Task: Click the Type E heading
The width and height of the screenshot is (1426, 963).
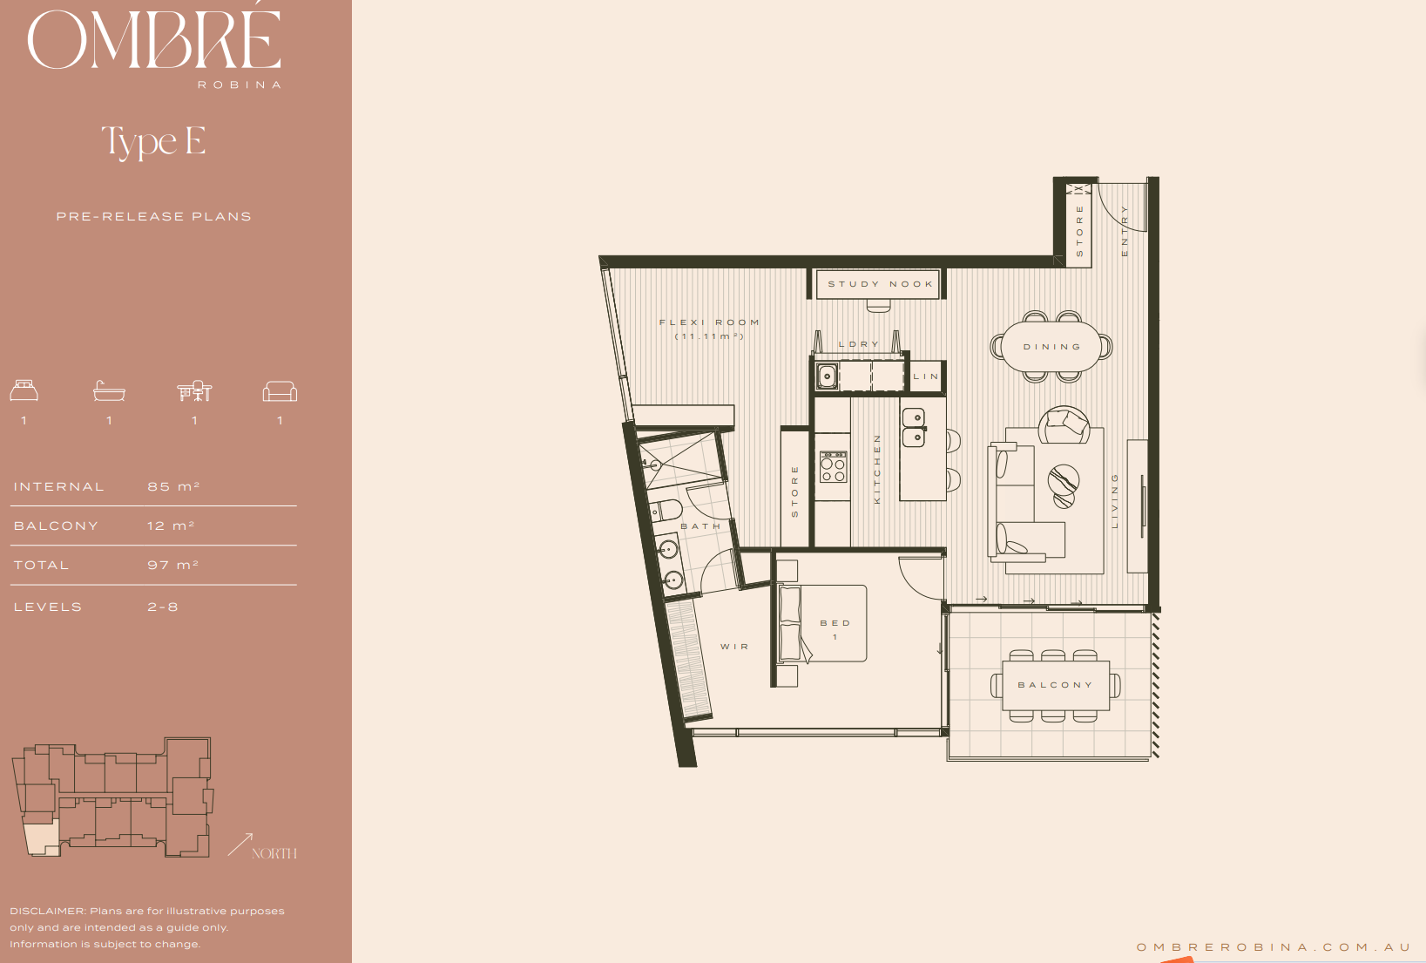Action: pyautogui.click(x=153, y=141)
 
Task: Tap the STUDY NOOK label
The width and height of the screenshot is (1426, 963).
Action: pyautogui.click(x=881, y=284)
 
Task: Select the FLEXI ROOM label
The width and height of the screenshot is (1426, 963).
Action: pyautogui.click(x=709, y=322)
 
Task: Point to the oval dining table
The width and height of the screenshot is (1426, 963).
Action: pyautogui.click(x=1051, y=347)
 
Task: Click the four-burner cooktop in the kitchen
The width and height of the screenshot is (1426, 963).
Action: pyautogui.click(x=833, y=467)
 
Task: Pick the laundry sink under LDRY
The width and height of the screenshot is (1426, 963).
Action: pyautogui.click(x=827, y=376)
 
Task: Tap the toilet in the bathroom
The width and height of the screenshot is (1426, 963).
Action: pyautogui.click(x=666, y=510)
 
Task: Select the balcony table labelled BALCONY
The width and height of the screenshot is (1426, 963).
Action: pyautogui.click(x=1056, y=685)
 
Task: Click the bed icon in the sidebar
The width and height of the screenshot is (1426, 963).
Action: pyautogui.click(x=24, y=390)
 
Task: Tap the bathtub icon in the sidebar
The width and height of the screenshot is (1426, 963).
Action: pyautogui.click(x=109, y=390)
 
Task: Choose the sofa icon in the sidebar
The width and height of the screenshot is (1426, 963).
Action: pyautogui.click(x=280, y=391)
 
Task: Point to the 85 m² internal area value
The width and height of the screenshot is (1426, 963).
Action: pyautogui.click(x=174, y=486)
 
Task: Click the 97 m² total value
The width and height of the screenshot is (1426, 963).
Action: pyautogui.click(x=173, y=565)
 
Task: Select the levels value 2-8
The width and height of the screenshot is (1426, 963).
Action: pyautogui.click(x=163, y=607)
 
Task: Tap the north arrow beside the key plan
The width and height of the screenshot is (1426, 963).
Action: pyautogui.click(x=240, y=844)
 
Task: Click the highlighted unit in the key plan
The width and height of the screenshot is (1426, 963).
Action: pyautogui.click(x=42, y=838)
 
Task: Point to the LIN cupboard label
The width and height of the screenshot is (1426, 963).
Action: pyautogui.click(x=926, y=376)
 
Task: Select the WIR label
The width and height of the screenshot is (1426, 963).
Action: pyautogui.click(x=734, y=647)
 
